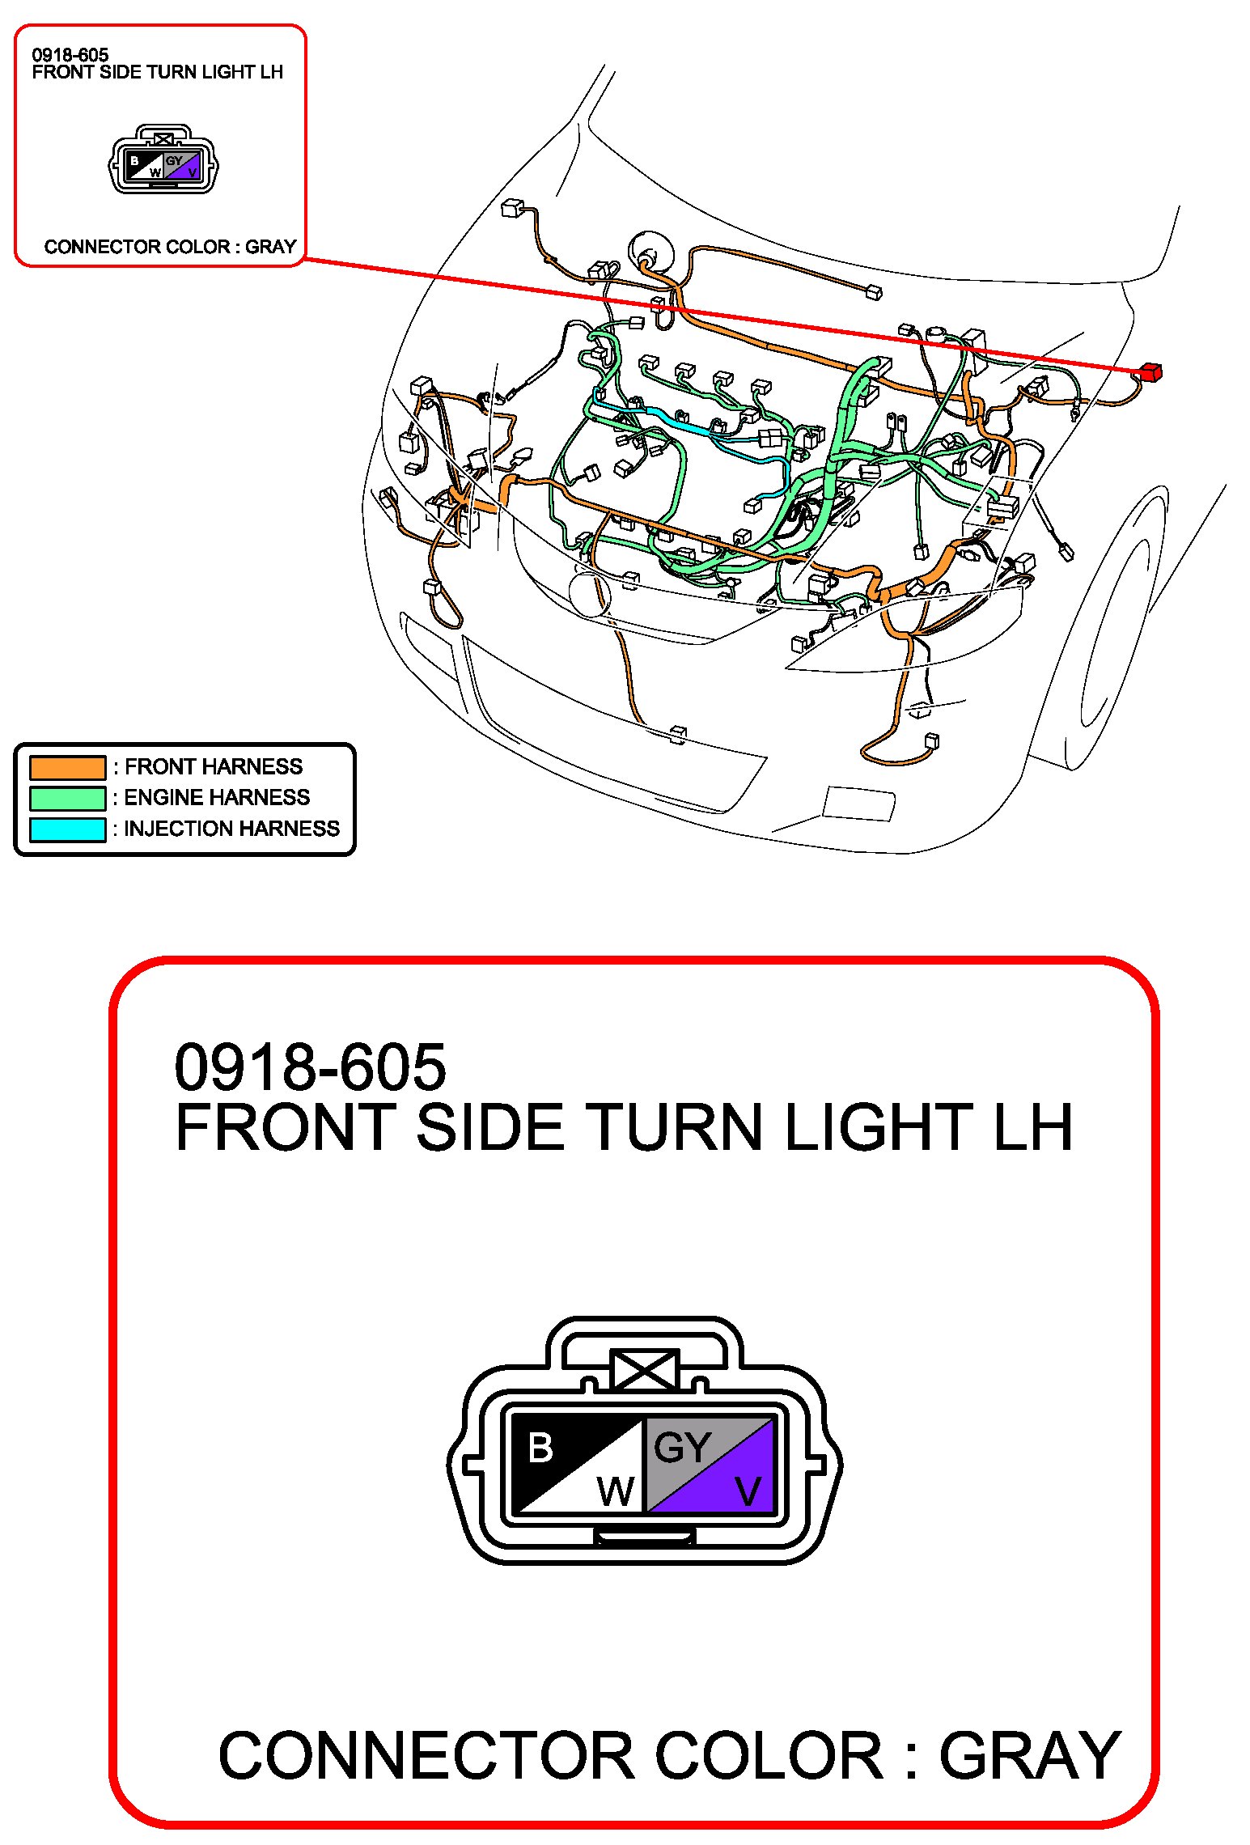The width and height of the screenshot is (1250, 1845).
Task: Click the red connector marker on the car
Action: (x=1150, y=372)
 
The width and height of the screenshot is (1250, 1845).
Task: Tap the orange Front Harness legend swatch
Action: (x=68, y=766)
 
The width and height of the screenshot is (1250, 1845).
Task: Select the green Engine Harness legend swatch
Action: (x=68, y=798)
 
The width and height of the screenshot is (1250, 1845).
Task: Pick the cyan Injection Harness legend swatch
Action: (x=68, y=829)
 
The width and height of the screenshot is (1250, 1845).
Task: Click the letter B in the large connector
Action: (x=540, y=1448)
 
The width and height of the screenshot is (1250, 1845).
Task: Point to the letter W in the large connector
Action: (x=616, y=1491)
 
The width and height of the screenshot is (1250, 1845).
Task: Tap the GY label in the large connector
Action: (x=682, y=1448)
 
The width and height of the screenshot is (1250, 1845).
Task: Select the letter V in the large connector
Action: (x=748, y=1491)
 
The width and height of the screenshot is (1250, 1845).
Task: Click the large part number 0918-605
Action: (x=310, y=1067)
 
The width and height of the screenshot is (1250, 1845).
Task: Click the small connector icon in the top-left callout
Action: (x=163, y=159)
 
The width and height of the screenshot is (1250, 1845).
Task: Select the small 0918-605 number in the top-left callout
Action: (x=70, y=55)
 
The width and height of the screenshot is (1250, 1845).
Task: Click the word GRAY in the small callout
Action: (x=270, y=247)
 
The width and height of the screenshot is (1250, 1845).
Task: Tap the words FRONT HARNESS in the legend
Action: (x=214, y=766)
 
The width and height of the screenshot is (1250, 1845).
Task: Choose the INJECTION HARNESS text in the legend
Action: (x=232, y=829)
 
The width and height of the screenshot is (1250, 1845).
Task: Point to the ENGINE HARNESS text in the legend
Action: (x=217, y=797)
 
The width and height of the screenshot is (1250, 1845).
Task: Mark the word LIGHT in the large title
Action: (x=879, y=1127)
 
